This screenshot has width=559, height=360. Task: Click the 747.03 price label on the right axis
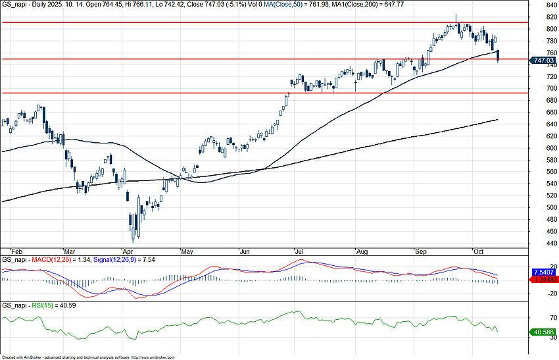coord(543,60)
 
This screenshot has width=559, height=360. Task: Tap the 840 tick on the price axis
coord(543,5)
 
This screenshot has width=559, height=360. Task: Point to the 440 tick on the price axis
coord(543,244)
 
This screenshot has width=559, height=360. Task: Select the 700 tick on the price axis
coord(543,88)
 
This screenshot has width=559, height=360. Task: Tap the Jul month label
coord(299,251)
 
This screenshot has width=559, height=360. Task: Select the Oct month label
coord(478,251)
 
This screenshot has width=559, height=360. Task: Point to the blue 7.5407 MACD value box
coord(544,271)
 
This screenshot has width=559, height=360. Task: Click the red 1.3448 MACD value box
coord(544,279)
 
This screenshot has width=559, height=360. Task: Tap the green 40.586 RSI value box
coord(543,332)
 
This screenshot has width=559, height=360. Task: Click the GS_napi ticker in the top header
coord(14,4)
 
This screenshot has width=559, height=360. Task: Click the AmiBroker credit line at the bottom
coord(89,357)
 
